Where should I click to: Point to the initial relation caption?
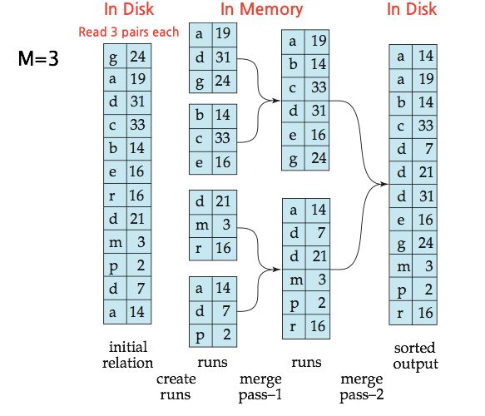click(131, 354)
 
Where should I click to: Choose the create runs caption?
click(176, 386)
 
